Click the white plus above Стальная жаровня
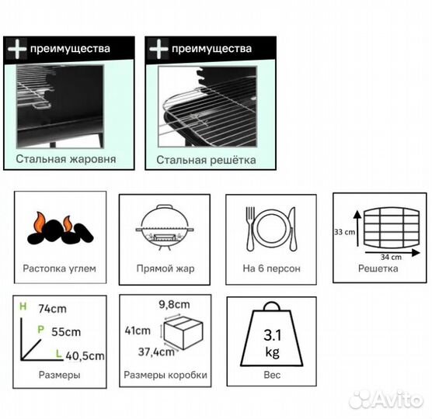[x=17, y=49]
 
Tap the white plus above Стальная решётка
[x=159, y=49]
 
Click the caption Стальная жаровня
[x=66, y=159]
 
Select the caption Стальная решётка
[x=206, y=160]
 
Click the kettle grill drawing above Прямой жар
[x=165, y=227]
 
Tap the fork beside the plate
[x=250, y=229]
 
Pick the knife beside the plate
[x=293, y=229]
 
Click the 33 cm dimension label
[x=344, y=232]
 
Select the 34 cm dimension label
[x=391, y=258]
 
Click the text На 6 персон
[x=271, y=268]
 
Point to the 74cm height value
[x=52, y=309]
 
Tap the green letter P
[x=40, y=329]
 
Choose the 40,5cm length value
[x=85, y=356]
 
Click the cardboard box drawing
[x=183, y=332]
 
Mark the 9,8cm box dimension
[x=174, y=305]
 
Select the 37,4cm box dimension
[x=156, y=351]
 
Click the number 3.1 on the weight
[x=273, y=335]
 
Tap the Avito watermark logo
[x=385, y=399]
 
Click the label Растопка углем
[x=60, y=268]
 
